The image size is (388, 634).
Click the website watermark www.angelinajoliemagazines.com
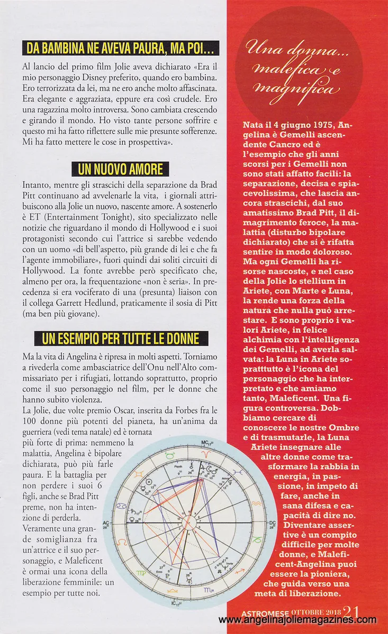[x=297, y=620]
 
